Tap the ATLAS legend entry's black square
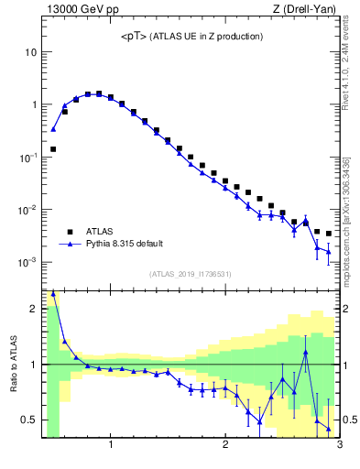click(x=69, y=232)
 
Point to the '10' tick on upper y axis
click(x=30, y=52)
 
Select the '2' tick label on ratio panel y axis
click(x=34, y=310)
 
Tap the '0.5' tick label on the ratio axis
click(x=29, y=420)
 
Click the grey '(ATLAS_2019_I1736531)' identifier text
click(x=191, y=274)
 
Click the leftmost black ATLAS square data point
click(x=53, y=148)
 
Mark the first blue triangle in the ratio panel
click(x=53, y=294)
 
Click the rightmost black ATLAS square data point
click(x=329, y=234)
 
